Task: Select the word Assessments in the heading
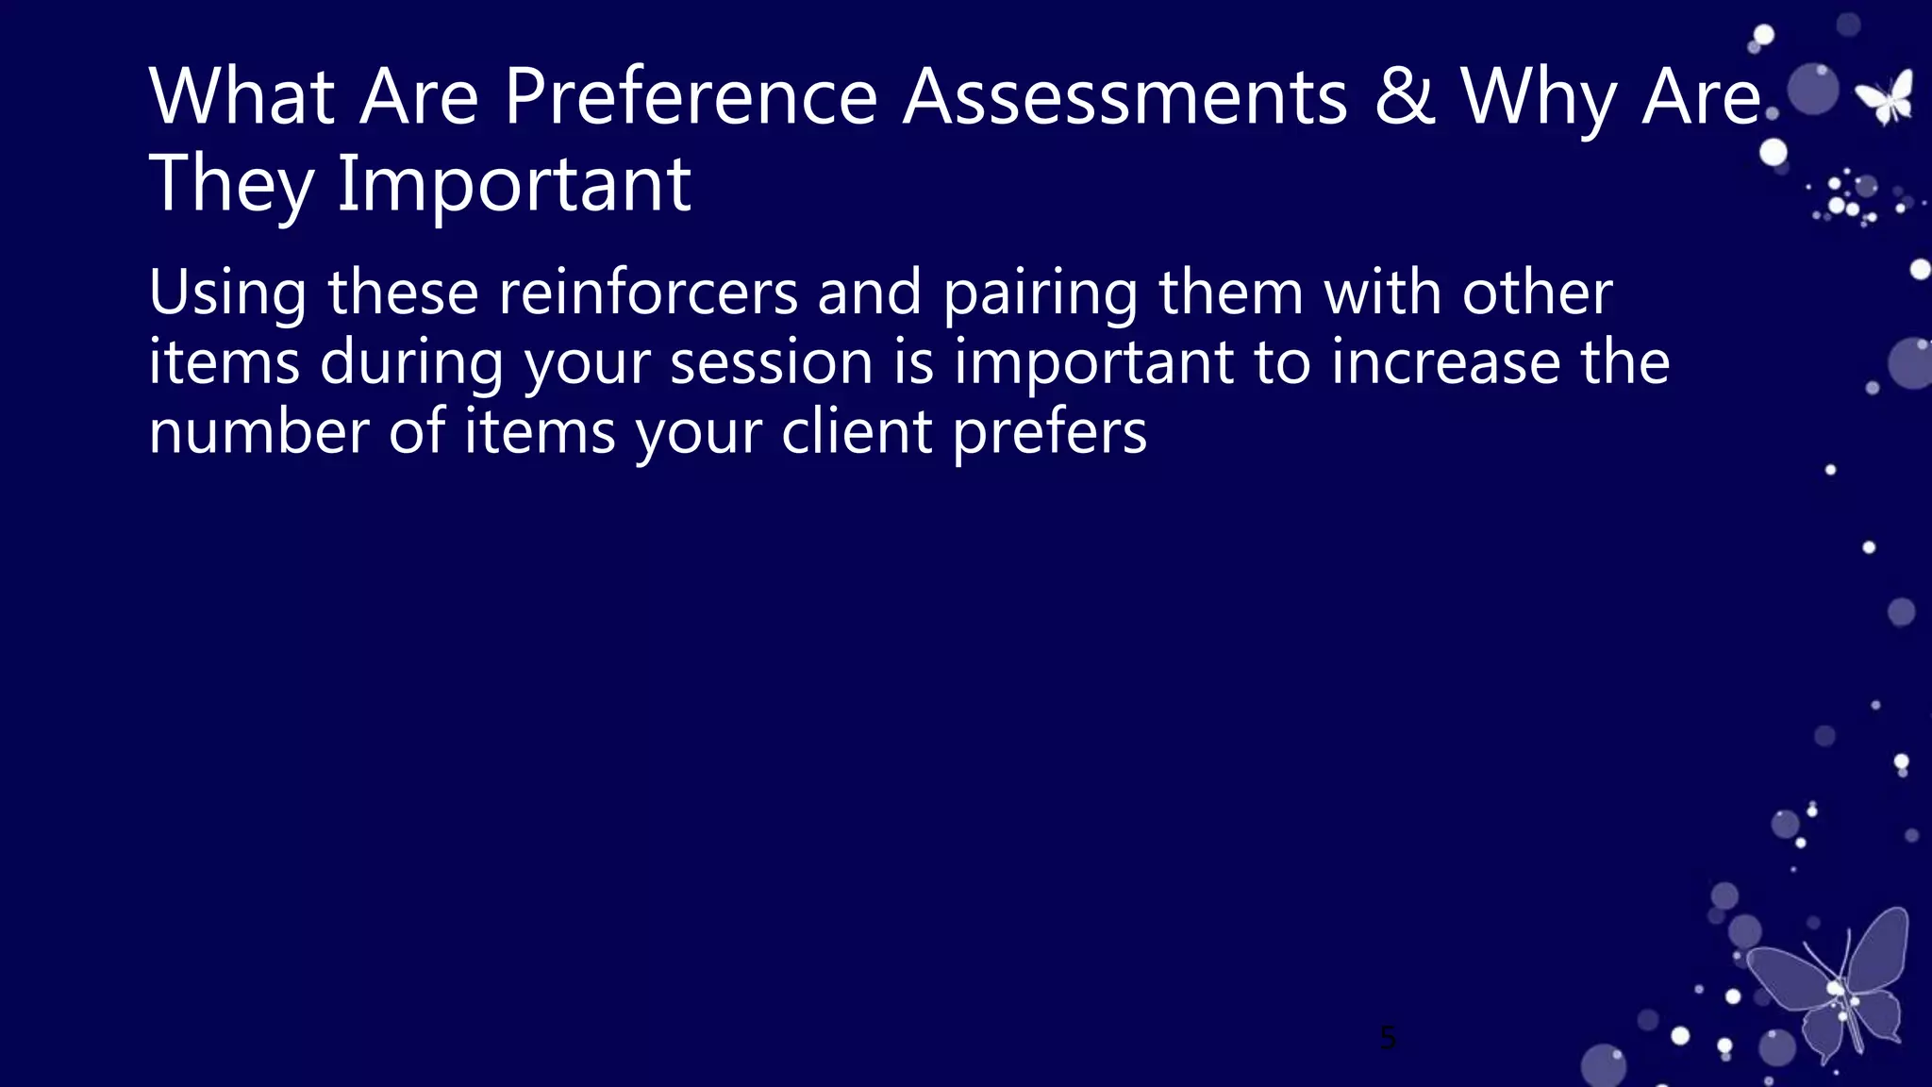pyautogui.click(x=1124, y=96)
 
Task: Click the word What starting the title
pyautogui.click(x=241, y=96)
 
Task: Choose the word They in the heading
pyautogui.click(x=230, y=185)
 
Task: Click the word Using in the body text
pyautogui.click(x=227, y=293)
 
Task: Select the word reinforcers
pyautogui.click(x=648, y=293)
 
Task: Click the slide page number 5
pyautogui.click(x=1388, y=1038)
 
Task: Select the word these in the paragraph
pyautogui.click(x=403, y=293)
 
